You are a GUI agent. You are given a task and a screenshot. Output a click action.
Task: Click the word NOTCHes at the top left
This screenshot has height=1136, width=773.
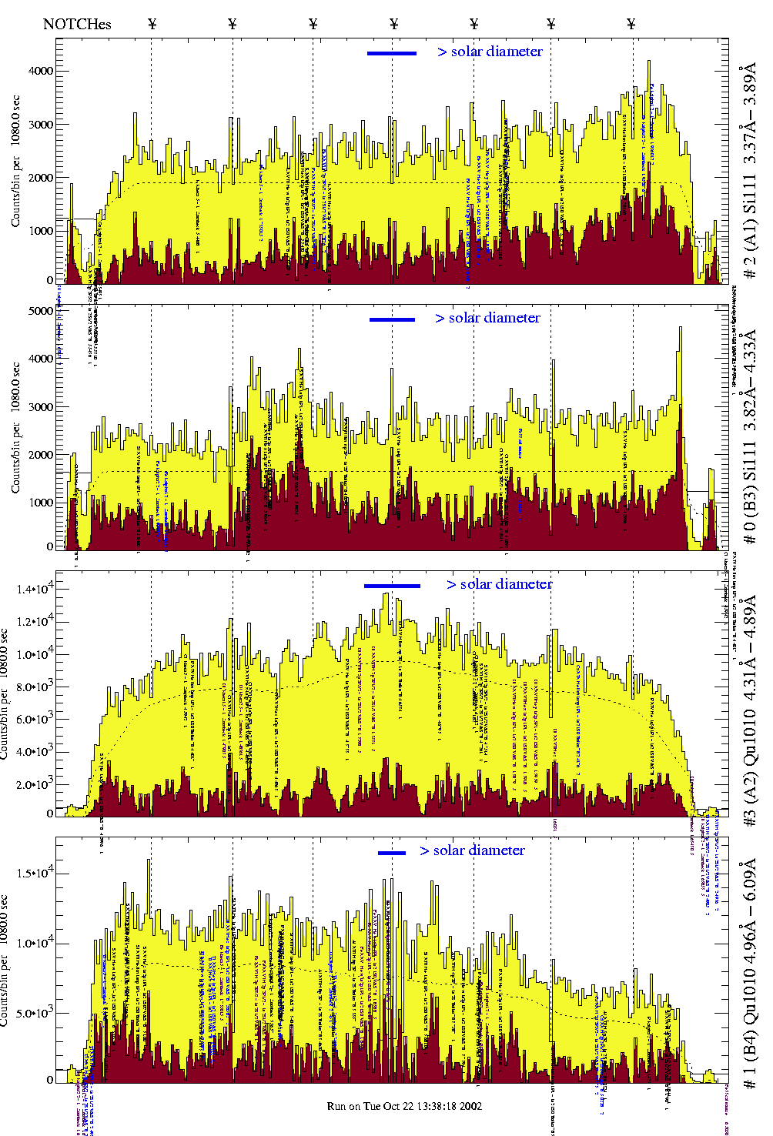[x=77, y=24]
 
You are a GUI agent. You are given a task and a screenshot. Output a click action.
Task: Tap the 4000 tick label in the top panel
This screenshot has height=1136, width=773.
[x=40, y=71]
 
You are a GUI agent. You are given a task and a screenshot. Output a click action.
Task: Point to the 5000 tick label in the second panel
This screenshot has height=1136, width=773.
[x=40, y=311]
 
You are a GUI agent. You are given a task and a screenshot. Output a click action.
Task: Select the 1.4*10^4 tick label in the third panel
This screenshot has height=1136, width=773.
[x=35, y=590]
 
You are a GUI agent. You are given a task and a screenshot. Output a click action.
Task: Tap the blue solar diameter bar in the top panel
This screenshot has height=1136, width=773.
[x=392, y=53]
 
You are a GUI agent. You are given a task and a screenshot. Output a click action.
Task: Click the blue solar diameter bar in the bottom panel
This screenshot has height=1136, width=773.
[x=392, y=853]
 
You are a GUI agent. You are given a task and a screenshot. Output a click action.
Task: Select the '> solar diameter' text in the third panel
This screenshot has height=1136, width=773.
[x=499, y=584]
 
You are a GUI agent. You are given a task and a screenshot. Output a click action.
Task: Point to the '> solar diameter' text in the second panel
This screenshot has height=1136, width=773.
[x=487, y=318]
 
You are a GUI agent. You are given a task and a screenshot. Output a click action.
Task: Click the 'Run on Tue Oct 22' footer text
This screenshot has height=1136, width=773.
[x=404, y=1106]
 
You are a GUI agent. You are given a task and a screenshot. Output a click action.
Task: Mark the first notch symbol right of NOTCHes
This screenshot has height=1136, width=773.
[x=152, y=24]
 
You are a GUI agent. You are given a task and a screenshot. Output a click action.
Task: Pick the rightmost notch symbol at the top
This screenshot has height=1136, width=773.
[x=631, y=24]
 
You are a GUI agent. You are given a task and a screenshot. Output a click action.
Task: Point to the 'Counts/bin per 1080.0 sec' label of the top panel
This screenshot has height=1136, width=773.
[x=15, y=162]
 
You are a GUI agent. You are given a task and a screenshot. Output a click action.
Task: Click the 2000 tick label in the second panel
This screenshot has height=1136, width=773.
[x=40, y=455]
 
